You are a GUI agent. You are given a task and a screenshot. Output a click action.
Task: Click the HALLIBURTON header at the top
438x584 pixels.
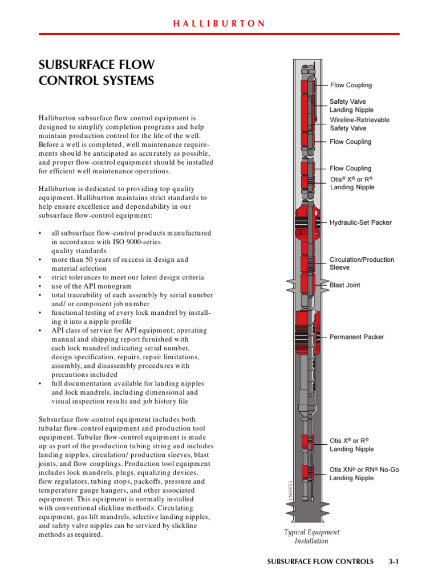click(x=219, y=23)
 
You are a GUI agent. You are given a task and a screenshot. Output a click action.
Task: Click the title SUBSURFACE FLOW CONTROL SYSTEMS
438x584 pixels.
click(x=96, y=72)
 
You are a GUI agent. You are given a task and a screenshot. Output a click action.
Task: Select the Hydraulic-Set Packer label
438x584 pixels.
click(x=360, y=222)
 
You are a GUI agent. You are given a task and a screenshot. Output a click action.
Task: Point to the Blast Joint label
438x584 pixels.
click(x=345, y=285)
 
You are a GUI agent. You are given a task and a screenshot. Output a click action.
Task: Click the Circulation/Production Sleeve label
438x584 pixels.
click(x=362, y=263)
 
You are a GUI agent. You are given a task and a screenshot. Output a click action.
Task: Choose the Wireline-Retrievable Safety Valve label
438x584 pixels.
click(x=359, y=124)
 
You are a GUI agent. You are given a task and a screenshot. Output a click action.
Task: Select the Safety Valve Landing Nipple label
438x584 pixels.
click(x=351, y=106)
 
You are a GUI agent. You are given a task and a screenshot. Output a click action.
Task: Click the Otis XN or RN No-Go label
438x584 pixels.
click(x=364, y=474)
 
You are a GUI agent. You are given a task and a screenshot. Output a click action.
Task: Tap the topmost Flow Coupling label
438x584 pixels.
click(x=351, y=85)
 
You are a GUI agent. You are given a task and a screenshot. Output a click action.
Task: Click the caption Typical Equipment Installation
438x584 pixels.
click(x=311, y=536)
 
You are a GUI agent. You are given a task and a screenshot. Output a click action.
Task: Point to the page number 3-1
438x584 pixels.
click(x=393, y=562)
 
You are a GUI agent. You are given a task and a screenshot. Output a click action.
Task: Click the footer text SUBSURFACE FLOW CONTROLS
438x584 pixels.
click(x=320, y=562)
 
